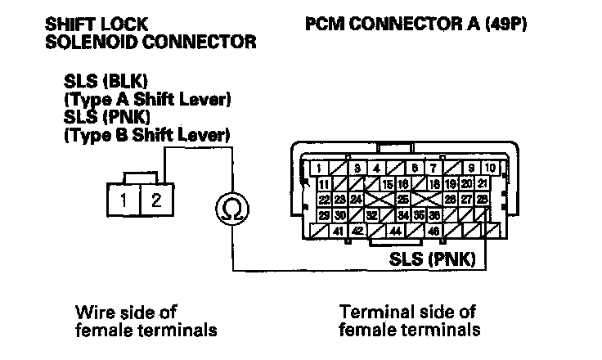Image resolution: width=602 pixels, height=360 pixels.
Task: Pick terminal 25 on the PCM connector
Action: click(402, 199)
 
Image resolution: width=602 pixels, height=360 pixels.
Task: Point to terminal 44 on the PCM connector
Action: click(396, 231)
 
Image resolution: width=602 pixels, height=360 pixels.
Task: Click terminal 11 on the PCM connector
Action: click(325, 183)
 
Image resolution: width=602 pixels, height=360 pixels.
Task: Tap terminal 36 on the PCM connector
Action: click(434, 215)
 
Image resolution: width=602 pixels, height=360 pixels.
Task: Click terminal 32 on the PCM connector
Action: click(371, 215)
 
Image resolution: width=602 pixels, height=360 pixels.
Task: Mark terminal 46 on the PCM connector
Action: click(434, 231)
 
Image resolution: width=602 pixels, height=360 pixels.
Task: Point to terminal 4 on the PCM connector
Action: click(376, 168)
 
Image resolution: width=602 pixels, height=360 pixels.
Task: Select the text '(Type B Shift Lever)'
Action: click(146, 133)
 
